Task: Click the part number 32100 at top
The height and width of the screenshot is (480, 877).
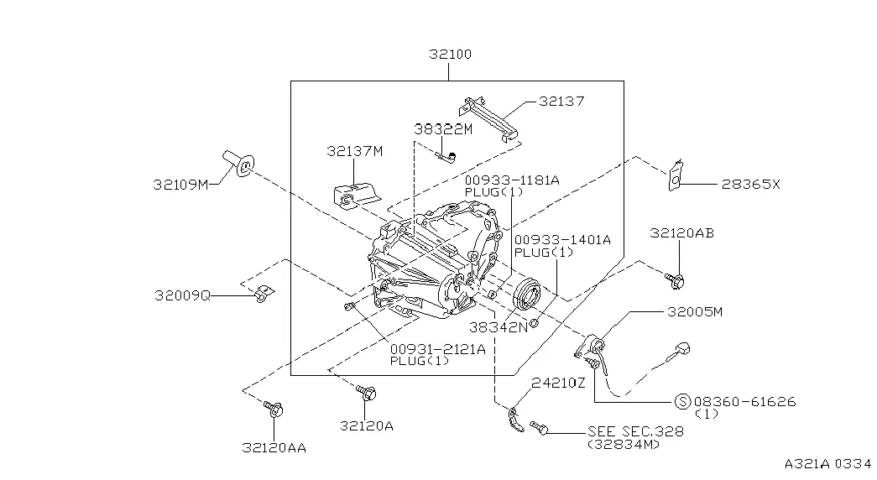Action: [x=449, y=55]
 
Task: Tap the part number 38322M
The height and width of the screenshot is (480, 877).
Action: [x=442, y=129]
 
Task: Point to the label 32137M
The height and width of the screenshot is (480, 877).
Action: [x=354, y=151]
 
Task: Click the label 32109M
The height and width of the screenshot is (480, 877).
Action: [x=180, y=184]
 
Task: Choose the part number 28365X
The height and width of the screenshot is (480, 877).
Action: [x=749, y=185]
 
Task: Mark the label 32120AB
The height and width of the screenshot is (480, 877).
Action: [x=681, y=234]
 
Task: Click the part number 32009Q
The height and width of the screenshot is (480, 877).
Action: [x=182, y=295]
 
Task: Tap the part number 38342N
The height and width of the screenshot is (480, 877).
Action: [x=498, y=327]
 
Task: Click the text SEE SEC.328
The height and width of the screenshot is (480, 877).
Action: [x=635, y=431]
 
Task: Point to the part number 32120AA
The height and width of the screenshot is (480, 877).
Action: [x=274, y=447]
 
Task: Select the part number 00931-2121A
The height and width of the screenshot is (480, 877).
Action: [x=437, y=349]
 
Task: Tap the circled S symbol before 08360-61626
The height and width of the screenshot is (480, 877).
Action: [x=681, y=402]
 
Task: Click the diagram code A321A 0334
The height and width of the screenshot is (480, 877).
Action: [x=829, y=463]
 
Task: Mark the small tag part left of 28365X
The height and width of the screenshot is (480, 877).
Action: [x=674, y=175]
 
